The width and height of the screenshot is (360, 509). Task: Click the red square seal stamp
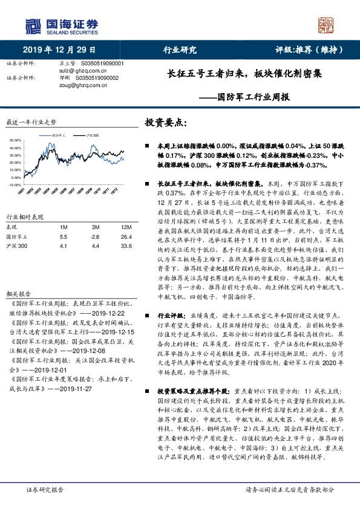coord(327,25)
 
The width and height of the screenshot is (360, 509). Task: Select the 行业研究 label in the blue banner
coord(180,50)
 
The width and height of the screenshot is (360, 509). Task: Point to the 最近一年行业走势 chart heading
coord(30,122)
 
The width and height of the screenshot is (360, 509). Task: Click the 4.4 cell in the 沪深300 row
coord(95,247)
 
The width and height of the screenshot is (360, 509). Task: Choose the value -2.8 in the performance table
coord(95,238)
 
